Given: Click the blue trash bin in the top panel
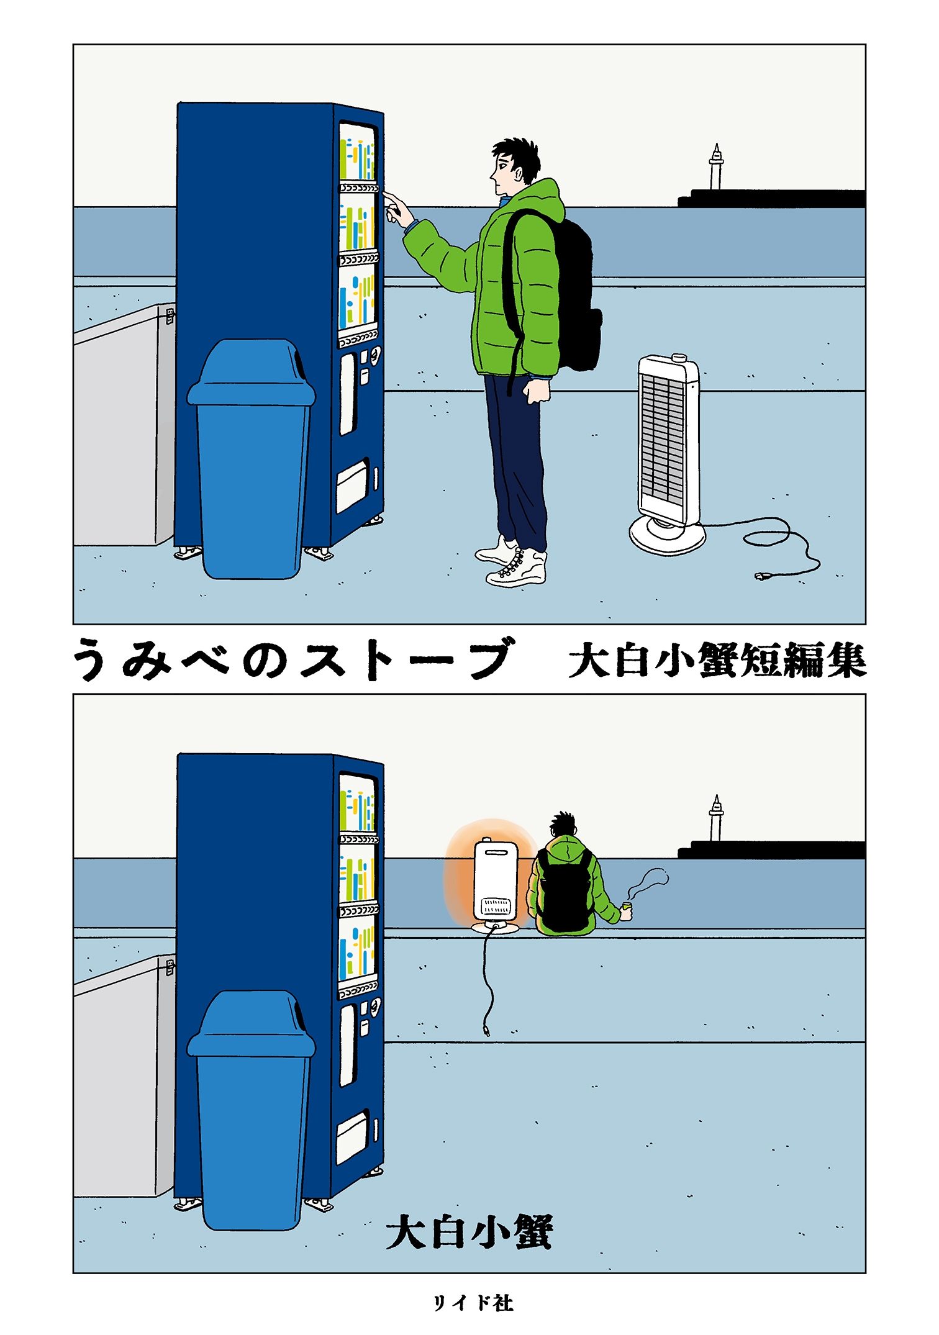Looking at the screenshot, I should [x=252, y=459].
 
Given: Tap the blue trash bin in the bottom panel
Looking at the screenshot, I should [x=252, y=1111].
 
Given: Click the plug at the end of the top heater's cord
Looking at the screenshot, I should [x=761, y=577].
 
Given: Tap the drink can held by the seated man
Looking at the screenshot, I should [x=627, y=911].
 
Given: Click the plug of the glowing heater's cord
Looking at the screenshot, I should [x=486, y=1031].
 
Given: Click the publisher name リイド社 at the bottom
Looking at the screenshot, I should [x=473, y=1303].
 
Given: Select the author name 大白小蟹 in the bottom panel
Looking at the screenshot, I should [x=469, y=1233].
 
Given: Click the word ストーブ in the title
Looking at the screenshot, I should [x=407, y=659].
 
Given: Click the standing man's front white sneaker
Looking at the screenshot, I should [x=517, y=570].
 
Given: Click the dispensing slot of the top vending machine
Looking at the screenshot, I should [x=352, y=488].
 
